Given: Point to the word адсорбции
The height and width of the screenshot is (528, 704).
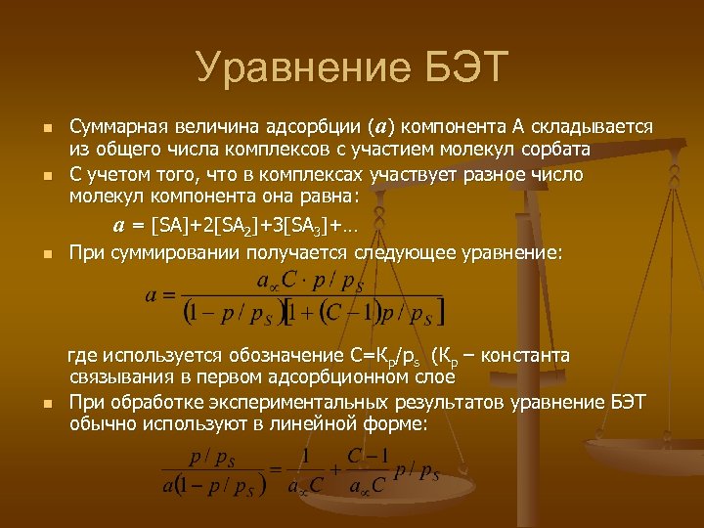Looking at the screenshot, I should click(310, 128).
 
